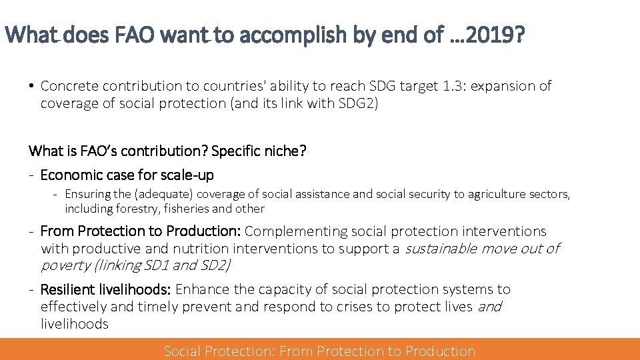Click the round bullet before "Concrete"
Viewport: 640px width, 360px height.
point(32,86)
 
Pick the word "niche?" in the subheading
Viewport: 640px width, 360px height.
point(285,151)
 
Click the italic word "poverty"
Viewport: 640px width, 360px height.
point(65,265)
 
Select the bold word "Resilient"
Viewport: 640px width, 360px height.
point(70,289)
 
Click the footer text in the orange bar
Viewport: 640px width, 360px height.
point(319,351)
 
